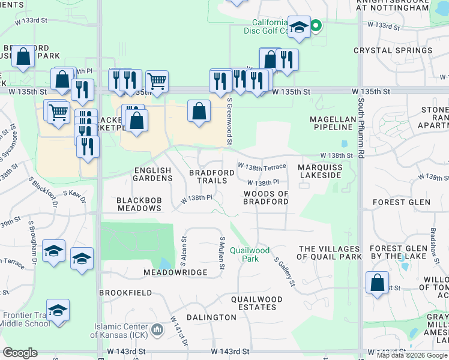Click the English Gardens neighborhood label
(152, 175)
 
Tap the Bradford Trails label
(211, 176)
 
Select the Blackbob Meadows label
(139, 204)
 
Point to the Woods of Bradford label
(266, 197)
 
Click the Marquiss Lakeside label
(319, 171)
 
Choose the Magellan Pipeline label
(331, 123)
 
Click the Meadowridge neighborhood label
(175, 272)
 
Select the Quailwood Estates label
(257, 303)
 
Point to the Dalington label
(211, 317)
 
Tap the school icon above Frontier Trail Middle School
(58, 311)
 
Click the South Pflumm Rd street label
(361, 128)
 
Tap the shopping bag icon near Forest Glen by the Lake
(377, 283)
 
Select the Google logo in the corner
(20, 353)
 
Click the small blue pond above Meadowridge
(164, 263)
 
